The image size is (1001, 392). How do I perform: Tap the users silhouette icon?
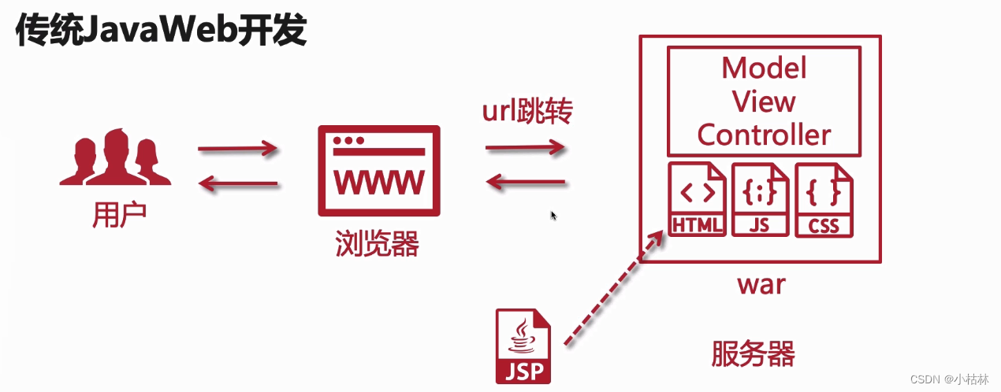pos(115,157)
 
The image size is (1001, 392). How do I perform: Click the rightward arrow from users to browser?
pos(237,147)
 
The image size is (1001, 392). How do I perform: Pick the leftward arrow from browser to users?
pos(237,184)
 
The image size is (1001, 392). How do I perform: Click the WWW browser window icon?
pos(379,170)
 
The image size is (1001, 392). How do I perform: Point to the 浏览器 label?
pos(377,244)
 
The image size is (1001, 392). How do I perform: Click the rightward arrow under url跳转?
pos(526,147)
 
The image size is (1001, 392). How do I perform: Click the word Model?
pos(764,68)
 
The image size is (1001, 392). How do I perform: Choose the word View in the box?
pos(764,102)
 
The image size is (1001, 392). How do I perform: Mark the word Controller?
pos(764,135)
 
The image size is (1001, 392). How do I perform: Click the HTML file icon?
pos(697,199)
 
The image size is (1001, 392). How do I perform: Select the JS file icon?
pos(760,199)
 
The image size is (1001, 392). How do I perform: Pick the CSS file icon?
pos(824,199)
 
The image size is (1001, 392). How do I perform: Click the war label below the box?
pos(761,283)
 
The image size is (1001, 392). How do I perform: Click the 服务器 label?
pos(753,353)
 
